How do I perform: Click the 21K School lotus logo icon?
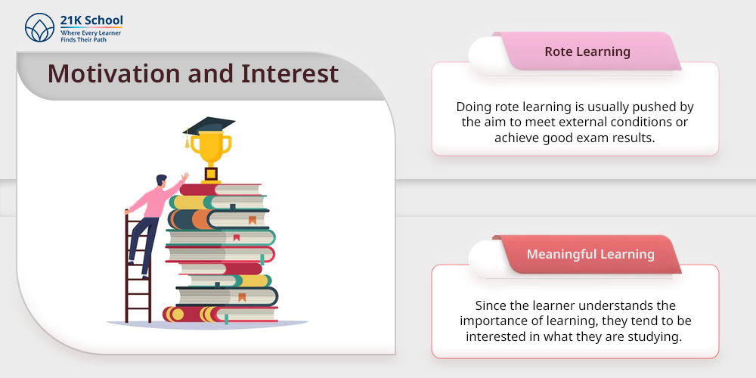40,27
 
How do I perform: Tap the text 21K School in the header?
91,20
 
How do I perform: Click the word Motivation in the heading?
114,74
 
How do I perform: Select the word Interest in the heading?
290,74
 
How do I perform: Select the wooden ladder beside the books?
138,270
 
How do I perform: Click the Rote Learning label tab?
587,51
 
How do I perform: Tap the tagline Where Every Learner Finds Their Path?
91,36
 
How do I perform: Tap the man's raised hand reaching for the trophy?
185,176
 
